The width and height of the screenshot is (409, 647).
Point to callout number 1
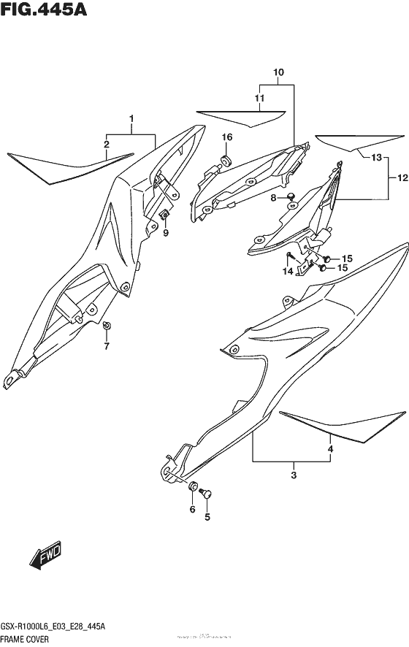pyautogui.click(x=131, y=118)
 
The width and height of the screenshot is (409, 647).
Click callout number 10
pyautogui.click(x=278, y=73)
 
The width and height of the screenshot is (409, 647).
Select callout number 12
pyautogui.click(x=402, y=177)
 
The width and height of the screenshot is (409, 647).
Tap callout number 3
pyautogui.click(x=293, y=476)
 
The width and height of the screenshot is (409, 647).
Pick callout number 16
pyautogui.click(x=227, y=137)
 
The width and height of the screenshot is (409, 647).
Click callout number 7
pyautogui.click(x=107, y=345)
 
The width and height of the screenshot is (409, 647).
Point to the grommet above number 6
pyautogui.click(x=193, y=487)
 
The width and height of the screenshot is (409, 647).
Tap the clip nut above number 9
pyautogui.click(x=166, y=215)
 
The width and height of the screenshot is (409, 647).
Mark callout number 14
pyautogui.click(x=288, y=272)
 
